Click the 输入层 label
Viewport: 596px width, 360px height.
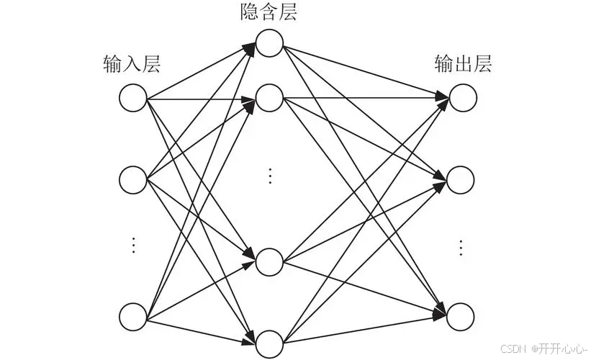coord(132,65)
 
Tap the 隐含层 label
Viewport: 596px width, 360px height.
coord(269,12)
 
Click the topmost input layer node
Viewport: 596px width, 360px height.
coord(133,99)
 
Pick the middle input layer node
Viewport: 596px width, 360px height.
coord(133,179)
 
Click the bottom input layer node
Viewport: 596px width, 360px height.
coord(133,317)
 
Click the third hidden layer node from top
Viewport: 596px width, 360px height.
coord(269,262)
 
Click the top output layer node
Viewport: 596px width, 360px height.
coord(462,99)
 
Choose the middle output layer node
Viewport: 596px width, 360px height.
coord(462,179)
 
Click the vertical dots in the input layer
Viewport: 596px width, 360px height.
coord(133,245)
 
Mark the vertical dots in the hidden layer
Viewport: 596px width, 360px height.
coord(269,175)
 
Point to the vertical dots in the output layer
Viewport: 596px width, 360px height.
coord(461,247)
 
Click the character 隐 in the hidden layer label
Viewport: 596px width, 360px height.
coord(250,12)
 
